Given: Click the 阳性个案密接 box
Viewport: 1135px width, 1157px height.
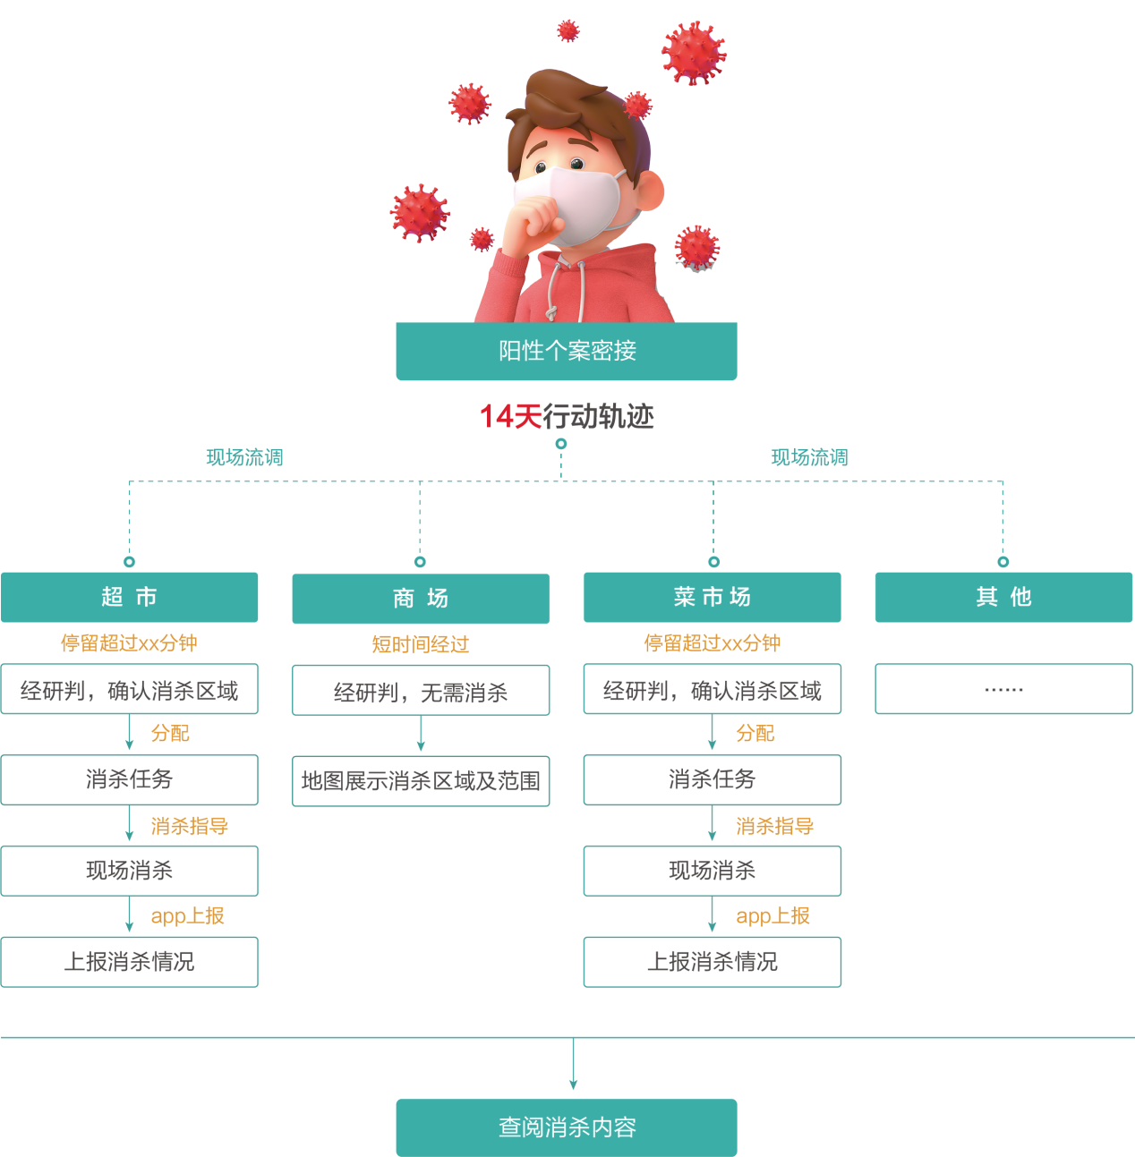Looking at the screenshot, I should pos(567,351).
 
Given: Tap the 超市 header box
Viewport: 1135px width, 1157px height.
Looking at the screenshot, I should pos(130,597).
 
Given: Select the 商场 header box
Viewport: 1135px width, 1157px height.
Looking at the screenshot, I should pos(421,599).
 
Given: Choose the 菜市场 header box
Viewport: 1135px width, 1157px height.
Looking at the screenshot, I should pos(713,597).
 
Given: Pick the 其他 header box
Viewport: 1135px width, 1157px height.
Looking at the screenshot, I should pos(1003,597).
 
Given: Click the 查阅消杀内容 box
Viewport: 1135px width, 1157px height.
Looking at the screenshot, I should pos(567,1127).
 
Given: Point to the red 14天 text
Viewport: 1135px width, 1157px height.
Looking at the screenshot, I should pos(510,416).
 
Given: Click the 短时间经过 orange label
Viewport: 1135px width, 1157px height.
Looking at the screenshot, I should pos(421,644).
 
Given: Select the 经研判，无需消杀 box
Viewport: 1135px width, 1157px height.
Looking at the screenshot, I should pos(421,691).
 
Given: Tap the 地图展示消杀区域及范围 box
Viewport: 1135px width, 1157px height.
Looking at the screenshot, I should pos(421,781).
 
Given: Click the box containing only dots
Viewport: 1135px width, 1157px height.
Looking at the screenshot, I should pos(1003,689).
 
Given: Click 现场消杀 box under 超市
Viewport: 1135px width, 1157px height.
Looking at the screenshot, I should pos(130,871).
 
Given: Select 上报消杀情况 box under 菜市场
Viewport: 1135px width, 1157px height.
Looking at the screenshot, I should pos(713,962).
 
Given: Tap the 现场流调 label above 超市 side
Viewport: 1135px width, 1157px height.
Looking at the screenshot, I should pos(244,458).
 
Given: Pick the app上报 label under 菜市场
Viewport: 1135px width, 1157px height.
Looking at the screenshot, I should pos(772,916).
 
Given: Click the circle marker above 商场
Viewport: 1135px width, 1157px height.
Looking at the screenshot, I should pos(420,562).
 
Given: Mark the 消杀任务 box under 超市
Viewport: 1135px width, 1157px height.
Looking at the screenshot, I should pos(130,779).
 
